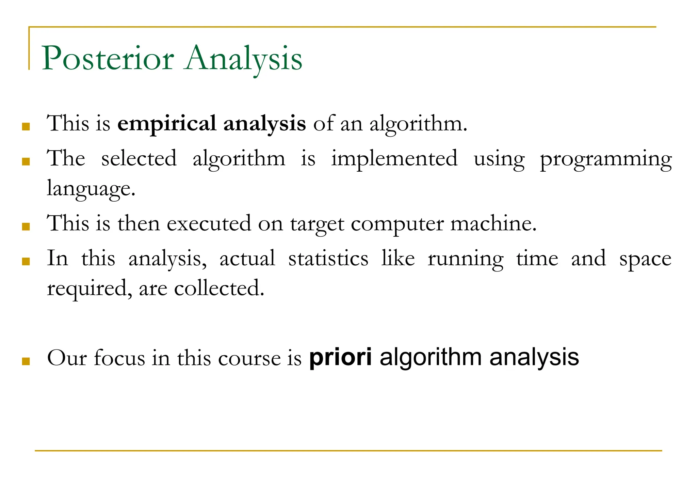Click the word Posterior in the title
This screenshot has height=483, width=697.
coord(108,58)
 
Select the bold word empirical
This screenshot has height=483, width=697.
coord(167,123)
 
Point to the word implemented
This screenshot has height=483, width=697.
coord(394,159)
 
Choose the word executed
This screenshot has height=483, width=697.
coord(209,224)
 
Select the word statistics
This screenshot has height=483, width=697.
coord(328,259)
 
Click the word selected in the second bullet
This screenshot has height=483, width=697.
coord(139,158)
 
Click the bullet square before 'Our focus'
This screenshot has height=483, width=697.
coord(26,361)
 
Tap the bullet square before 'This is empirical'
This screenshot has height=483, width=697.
coord(26,127)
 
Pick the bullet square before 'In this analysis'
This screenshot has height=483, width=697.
coord(26,262)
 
